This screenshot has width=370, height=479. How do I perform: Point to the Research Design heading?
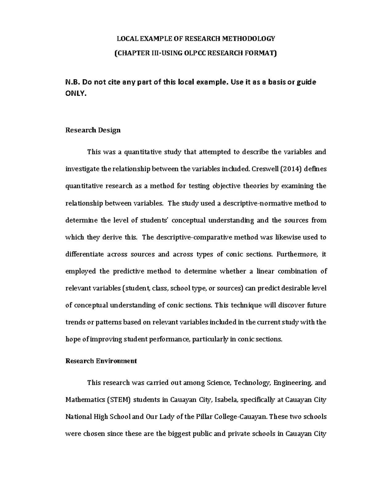tap(93, 130)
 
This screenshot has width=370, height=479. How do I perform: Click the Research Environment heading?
tap(101, 361)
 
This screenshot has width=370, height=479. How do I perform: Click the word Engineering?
tap(293, 383)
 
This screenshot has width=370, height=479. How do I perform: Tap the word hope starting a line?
tap(73, 339)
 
